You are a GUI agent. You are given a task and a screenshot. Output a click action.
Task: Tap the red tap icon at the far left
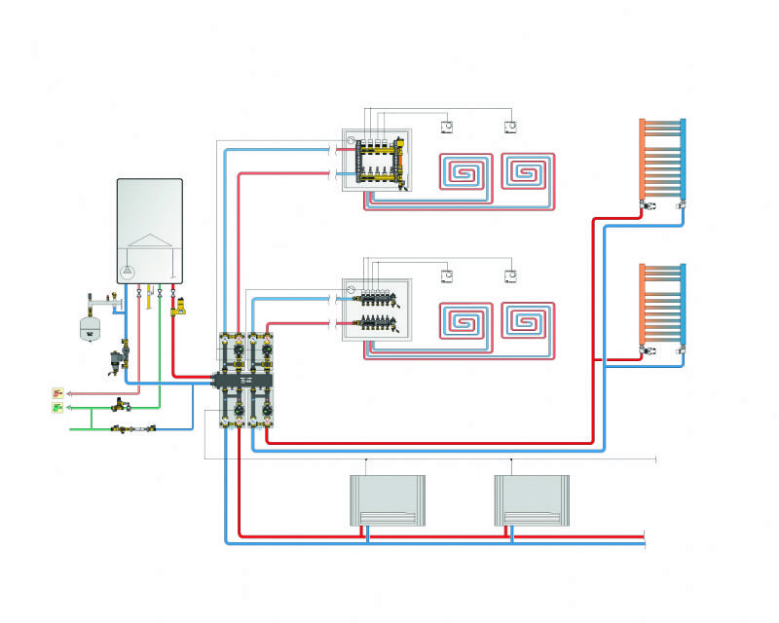pos(57,394)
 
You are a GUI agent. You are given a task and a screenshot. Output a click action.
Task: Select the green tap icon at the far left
pos(57,408)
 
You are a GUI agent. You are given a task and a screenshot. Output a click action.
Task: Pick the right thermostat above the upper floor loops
pos(510,127)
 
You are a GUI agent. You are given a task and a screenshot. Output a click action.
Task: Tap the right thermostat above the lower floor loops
pos(510,275)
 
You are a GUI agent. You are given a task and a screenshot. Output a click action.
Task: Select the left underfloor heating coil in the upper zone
pos(465,174)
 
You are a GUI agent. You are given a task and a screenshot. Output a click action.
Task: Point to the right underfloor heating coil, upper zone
pos(528,174)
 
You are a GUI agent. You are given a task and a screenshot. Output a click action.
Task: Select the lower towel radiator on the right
pos(662,304)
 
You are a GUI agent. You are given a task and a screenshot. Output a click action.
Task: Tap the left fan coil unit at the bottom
pos(388,500)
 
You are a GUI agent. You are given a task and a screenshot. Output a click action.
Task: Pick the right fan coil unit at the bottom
pos(531,500)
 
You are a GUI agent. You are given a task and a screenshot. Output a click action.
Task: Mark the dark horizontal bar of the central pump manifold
pos(249,378)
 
